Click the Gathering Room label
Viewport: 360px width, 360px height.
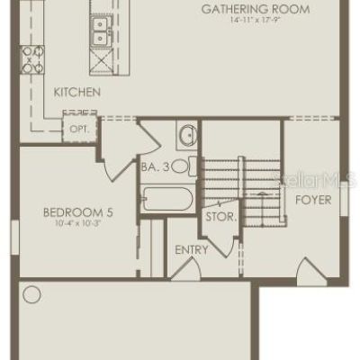point(256,9)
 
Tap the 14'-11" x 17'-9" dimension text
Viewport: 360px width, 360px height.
point(256,21)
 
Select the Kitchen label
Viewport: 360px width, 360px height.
point(77,92)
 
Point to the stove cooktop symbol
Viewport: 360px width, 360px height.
point(32,59)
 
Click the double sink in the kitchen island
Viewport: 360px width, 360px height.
point(100,31)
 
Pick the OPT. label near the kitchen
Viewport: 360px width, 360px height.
point(79,130)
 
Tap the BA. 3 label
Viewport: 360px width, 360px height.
point(156,167)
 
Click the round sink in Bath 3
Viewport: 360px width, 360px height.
point(188,135)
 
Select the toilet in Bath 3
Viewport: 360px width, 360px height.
point(184,166)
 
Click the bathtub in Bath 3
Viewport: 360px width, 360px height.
point(167,199)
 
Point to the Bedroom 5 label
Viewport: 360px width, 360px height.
point(78,212)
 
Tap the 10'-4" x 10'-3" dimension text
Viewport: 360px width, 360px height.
point(77,223)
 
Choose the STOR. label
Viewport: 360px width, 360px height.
point(221,217)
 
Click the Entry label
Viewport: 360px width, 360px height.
point(192,249)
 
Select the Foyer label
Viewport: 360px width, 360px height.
point(313,200)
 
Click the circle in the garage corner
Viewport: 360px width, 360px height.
point(31,294)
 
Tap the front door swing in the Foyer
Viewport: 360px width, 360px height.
point(311,272)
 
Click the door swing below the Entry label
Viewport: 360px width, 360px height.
point(186,269)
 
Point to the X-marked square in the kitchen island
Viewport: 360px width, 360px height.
point(102,61)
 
